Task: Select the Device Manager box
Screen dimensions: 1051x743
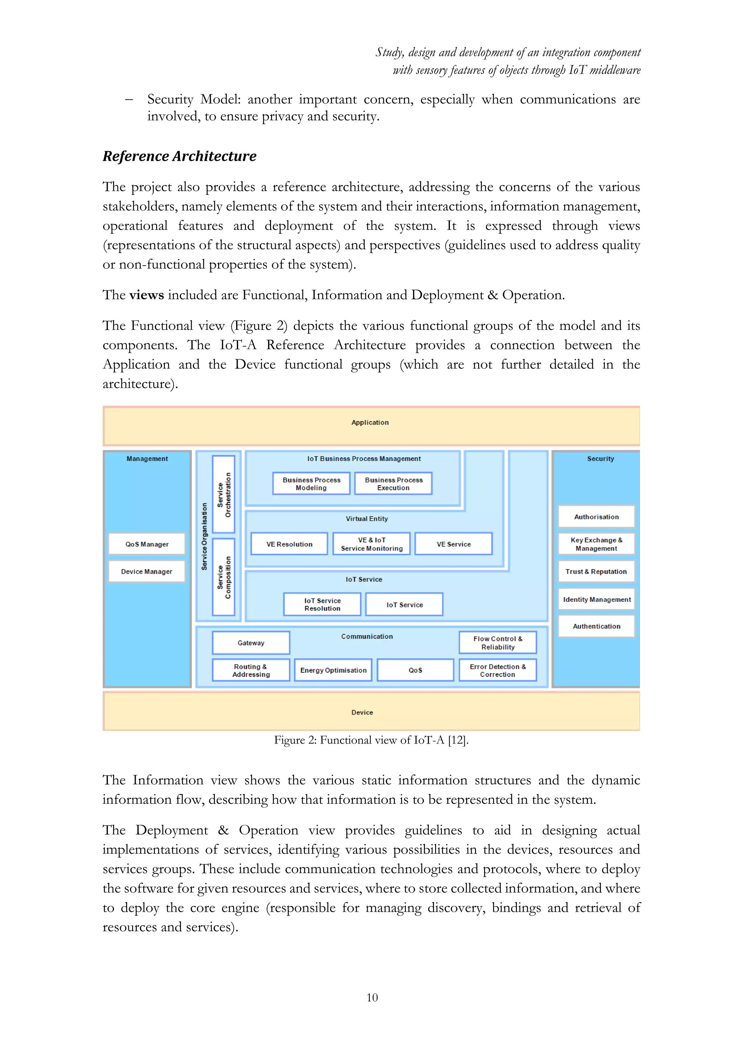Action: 147,571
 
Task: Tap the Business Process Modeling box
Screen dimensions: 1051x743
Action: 311,483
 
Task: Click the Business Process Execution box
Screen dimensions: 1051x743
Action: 394,483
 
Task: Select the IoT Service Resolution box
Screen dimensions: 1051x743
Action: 322,604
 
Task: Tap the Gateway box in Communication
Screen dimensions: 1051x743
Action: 251,643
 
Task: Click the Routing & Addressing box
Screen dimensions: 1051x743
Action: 251,670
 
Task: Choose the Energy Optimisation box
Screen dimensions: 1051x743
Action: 333,670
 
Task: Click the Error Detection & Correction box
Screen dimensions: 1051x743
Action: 498,670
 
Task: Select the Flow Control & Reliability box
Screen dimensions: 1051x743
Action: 498,643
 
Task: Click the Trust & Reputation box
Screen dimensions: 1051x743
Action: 596,571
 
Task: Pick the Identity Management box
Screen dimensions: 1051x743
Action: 596,599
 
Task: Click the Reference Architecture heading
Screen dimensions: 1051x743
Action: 179,156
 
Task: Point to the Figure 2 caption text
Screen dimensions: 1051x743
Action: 371,740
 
